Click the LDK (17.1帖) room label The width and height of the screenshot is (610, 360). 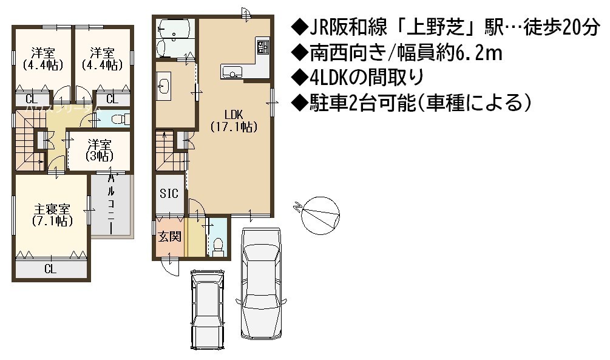click(234, 120)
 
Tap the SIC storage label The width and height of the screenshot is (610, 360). click(169, 194)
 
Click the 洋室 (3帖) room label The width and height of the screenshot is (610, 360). click(100, 150)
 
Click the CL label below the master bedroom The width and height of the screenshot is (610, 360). click(50, 269)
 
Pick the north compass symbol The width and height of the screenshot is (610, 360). click(320, 215)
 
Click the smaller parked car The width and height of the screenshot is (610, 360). click(208, 310)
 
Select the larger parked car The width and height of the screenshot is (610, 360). click(260, 283)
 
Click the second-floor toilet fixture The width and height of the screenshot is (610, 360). click(120, 119)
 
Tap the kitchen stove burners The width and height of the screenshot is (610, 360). click(262, 46)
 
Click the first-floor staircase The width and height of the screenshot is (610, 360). click(171, 150)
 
